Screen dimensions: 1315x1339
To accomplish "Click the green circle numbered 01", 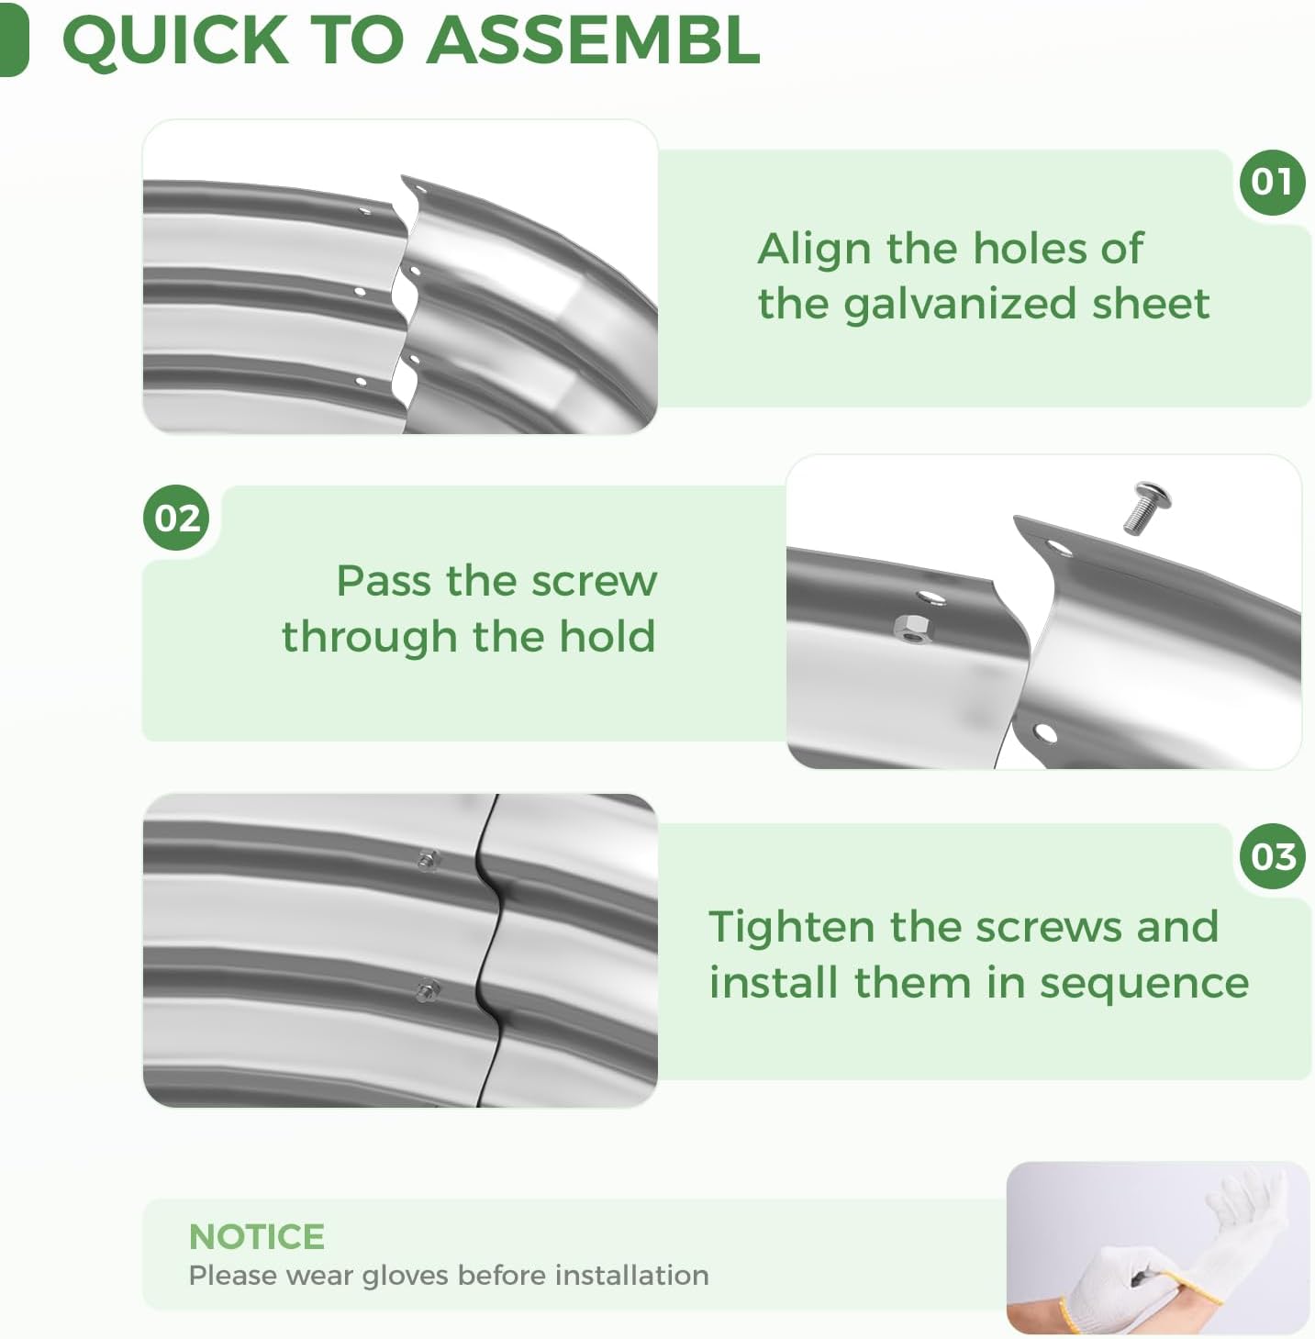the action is (x=1272, y=182).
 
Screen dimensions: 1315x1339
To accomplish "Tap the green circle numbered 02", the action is (x=176, y=518).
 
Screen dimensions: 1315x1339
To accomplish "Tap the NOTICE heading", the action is (x=256, y=1237).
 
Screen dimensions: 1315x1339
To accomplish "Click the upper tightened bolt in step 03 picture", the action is (x=428, y=860).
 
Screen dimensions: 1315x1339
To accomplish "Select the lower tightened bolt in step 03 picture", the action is (x=428, y=989).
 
